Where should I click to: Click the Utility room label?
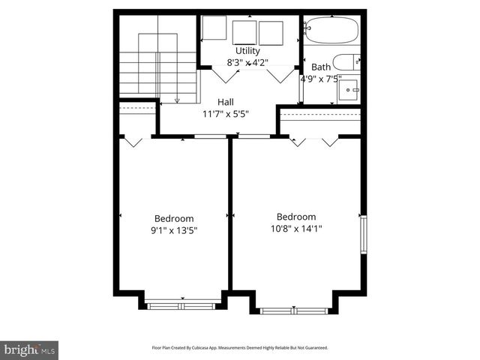click(247, 51)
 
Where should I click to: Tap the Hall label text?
click(226, 102)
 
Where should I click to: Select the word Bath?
click(321, 67)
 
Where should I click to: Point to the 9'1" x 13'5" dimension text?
click(174, 231)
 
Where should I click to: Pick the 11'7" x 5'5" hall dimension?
click(226, 114)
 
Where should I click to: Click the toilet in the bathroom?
click(347, 62)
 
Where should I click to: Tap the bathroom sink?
click(349, 91)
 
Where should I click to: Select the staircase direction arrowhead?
click(178, 100)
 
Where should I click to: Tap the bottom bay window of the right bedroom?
click(294, 310)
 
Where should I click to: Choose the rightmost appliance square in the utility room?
click(271, 34)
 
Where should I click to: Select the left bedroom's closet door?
click(133, 141)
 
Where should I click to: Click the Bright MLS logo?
click(30, 349)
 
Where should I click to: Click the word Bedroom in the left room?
click(174, 219)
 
